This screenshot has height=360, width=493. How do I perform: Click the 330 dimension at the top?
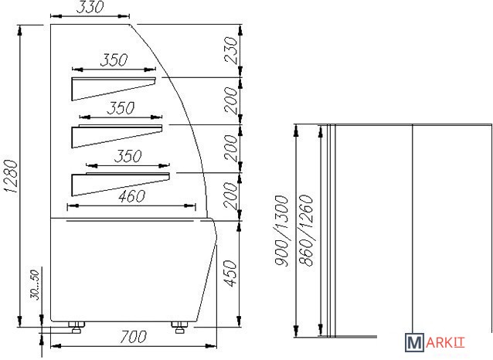pos(90,7)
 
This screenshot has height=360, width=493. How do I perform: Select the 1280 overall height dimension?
pos(10,176)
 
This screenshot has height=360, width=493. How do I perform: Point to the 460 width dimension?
pos(131,196)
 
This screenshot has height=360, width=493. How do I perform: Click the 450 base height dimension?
pos(231,273)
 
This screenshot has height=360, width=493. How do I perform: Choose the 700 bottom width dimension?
pos(134,336)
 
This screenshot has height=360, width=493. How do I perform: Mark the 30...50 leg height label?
pos(35,285)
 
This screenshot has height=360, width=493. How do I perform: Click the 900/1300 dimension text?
pos(281,231)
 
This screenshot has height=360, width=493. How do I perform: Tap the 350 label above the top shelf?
pos(114,59)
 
